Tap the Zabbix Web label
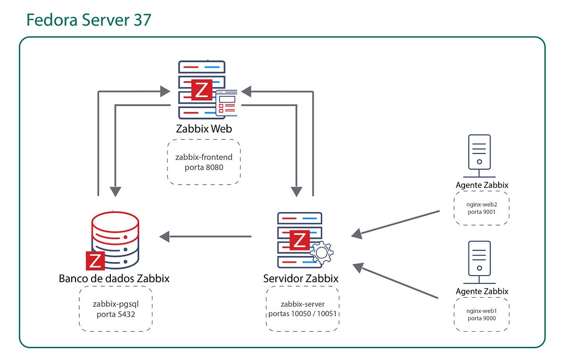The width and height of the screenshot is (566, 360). [204, 128]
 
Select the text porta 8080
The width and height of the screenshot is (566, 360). [204, 167]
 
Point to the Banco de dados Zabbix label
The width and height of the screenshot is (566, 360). [114, 278]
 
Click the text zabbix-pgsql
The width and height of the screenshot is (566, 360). [116, 304]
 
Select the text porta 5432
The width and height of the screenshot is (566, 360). [116, 314]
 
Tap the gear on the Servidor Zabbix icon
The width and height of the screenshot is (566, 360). [322, 252]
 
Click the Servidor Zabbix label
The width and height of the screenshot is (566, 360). [301, 278]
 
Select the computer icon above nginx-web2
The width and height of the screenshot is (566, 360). [479, 152]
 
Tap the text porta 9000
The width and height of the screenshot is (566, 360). [482, 318]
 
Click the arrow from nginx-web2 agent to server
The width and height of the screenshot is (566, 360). [396, 223]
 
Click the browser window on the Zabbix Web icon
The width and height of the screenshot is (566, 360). [226, 103]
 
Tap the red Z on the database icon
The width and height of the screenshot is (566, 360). [95, 260]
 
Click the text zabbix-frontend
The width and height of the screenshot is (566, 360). [204, 157]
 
